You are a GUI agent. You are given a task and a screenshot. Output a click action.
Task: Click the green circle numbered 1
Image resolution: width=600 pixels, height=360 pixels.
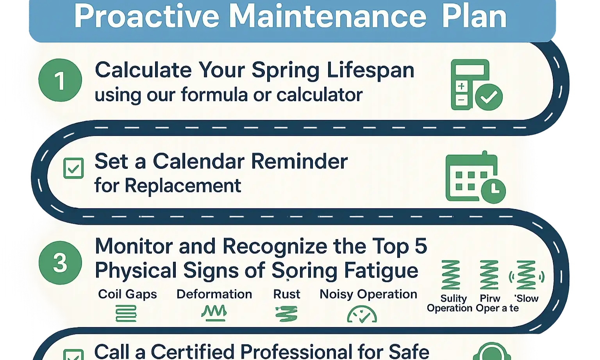pos(60,80)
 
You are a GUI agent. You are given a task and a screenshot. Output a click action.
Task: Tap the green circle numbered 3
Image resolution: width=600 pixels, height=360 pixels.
pos(60,263)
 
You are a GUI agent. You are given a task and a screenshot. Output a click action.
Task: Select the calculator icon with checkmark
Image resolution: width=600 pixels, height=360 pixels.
pos(476,85)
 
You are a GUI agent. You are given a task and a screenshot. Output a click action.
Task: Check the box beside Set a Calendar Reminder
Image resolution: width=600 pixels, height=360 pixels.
pos(73,168)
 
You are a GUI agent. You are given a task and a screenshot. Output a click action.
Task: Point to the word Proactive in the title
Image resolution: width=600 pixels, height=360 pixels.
pos(146,16)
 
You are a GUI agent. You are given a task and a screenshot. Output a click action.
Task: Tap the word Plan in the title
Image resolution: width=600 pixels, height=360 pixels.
pos(474,16)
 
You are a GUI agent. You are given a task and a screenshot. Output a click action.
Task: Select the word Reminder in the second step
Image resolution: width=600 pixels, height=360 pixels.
pos(299,161)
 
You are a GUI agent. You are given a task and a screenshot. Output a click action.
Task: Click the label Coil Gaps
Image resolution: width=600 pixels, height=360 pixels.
pos(127,294)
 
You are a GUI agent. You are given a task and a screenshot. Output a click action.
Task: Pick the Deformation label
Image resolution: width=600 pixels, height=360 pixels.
pos(214,294)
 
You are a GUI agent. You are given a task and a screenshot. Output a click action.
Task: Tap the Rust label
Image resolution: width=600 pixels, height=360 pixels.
pos(286,294)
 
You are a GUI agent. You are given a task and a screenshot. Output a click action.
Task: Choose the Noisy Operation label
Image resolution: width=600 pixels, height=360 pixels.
pos(368,294)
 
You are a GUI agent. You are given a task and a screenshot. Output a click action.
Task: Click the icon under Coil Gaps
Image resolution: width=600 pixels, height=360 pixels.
pos(126,313)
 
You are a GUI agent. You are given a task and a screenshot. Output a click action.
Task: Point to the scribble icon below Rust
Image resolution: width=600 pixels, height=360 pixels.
pos(286,314)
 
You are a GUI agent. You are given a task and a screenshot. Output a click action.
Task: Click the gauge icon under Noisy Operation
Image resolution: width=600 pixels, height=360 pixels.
pos(362,314)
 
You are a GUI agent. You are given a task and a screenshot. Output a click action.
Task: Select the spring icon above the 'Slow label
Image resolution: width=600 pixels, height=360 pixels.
pos(526,275)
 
